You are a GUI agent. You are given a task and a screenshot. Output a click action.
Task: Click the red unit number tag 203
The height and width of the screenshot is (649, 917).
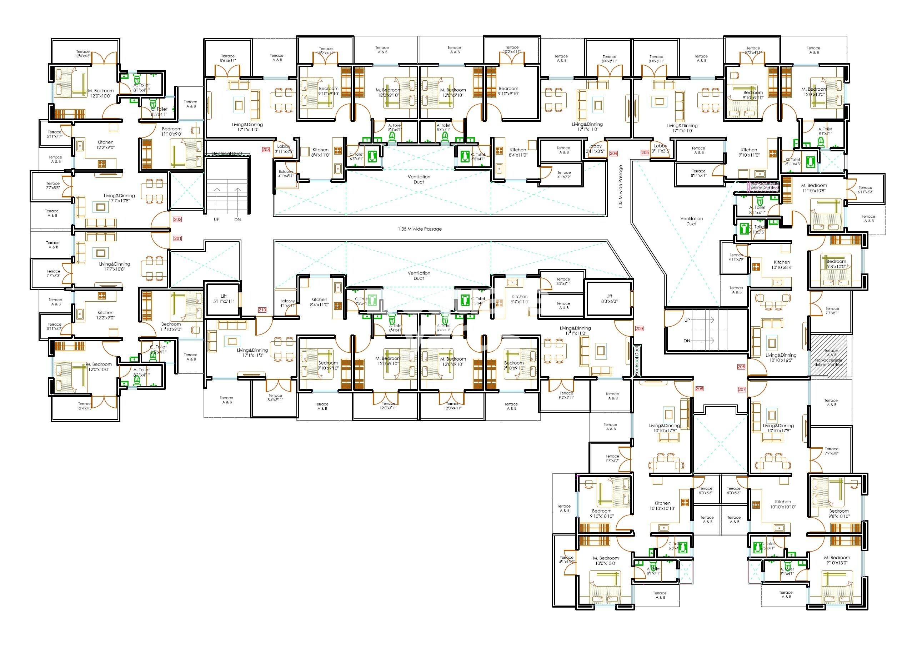pyautogui.click(x=266, y=150)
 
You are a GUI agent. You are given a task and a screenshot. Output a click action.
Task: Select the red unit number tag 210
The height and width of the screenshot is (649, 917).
pyautogui.click(x=262, y=310)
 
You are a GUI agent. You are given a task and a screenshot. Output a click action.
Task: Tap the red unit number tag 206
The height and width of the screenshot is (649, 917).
pyautogui.click(x=741, y=367)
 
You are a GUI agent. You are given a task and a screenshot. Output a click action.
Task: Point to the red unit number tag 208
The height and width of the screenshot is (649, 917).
pyautogui.click(x=699, y=388)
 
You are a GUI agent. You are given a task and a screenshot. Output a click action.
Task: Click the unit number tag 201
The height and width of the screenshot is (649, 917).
pyautogui.click(x=177, y=238)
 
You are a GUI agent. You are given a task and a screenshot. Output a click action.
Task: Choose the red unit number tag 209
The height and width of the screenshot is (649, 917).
pyautogui.click(x=639, y=328)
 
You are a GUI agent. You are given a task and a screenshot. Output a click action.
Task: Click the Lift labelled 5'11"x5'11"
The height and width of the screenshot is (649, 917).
pyautogui.click(x=224, y=298)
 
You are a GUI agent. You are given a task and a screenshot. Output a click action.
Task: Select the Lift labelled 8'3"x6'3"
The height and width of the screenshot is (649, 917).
pyautogui.click(x=609, y=298)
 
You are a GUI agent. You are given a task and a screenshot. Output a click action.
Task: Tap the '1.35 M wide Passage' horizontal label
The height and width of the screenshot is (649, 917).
pyautogui.click(x=420, y=229)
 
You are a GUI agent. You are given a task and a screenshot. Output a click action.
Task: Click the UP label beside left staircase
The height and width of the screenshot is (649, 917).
pyautogui.click(x=216, y=220)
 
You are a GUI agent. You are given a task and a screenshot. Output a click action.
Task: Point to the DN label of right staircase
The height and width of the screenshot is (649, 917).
pyautogui.click(x=687, y=341)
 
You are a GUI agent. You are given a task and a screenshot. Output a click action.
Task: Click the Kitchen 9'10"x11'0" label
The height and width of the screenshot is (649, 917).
pyautogui.click(x=749, y=152)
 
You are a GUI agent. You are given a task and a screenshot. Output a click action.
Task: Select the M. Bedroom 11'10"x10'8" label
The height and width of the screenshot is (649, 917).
pyautogui.click(x=814, y=188)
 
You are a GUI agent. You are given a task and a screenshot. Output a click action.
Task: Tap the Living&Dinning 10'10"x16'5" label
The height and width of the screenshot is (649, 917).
pyautogui.click(x=781, y=357)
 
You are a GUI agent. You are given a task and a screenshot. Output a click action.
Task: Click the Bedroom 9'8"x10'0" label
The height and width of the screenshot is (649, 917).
pyautogui.click(x=836, y=264)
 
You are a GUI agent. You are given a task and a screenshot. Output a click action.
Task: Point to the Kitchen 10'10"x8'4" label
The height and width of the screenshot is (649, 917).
pyautogui.click(x=782, y=265)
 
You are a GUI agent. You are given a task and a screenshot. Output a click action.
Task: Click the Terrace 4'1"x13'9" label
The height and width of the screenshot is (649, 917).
pyautogui.click(x=566, y=559)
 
